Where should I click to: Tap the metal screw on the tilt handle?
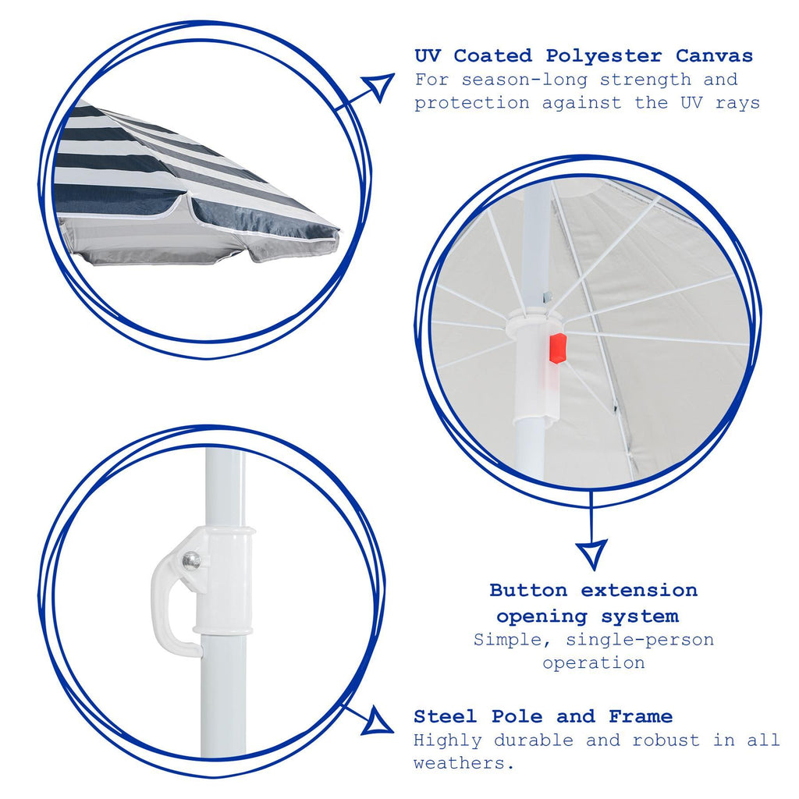tap(190, 560)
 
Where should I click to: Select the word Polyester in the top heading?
tap(603, 55)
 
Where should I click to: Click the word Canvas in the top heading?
tap(715, 55)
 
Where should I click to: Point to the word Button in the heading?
tap(528, 590)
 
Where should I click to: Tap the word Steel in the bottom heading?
tap(446, 716)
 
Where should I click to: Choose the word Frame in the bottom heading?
tap(641, 716)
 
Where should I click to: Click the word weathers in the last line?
tap(461, 763)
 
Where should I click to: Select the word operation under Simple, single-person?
tap(594, 662)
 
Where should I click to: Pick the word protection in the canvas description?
tap(472, 103)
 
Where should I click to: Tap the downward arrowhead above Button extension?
tap(591, 554)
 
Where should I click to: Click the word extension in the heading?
tap(639, 590)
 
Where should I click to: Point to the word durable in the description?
tap(533, 740)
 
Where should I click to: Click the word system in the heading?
tap(640, 616)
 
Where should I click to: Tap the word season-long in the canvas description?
tap(524, 80)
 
